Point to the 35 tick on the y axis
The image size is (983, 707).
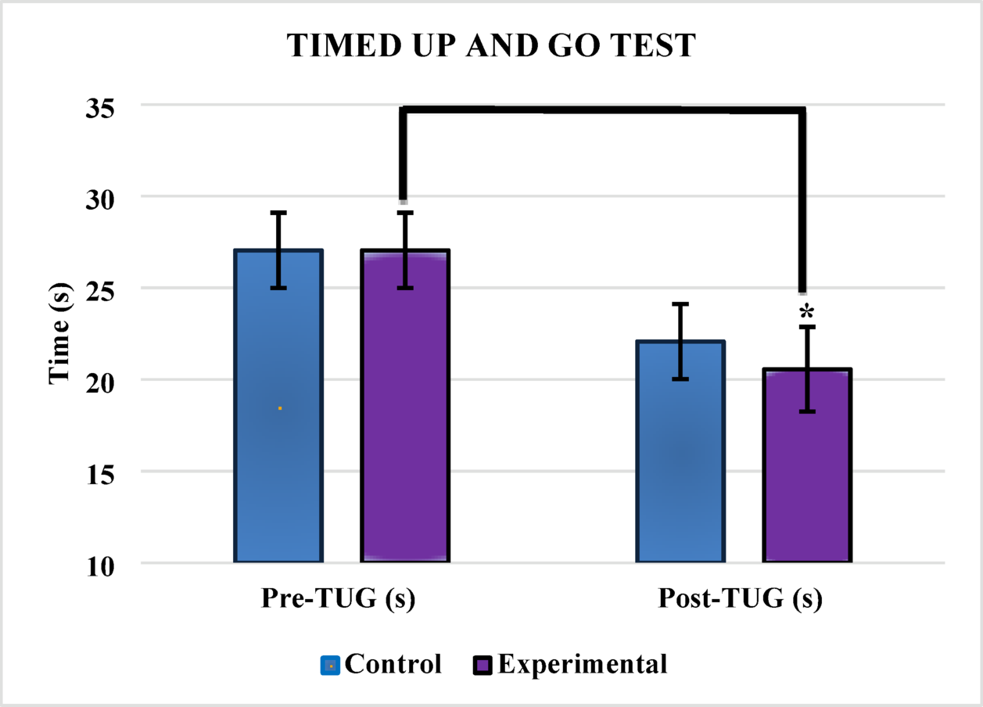tap(102, 106)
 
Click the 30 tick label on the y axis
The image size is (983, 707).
tap(102, 198)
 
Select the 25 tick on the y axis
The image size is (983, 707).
tap(102, 289)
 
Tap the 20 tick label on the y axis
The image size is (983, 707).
tap(102, 381)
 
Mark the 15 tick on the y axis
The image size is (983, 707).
tap(102, 472)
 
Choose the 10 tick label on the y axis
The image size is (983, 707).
tap(102, 564)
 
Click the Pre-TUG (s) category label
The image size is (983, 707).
tap(337, 600)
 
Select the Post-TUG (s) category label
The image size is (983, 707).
tap(740, 600)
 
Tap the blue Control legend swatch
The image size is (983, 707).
tap(330, 666)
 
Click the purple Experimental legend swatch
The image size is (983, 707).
tap(483, 666)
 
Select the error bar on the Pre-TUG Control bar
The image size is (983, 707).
tap(278, 249)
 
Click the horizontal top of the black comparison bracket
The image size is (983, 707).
tap(603, 110)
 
